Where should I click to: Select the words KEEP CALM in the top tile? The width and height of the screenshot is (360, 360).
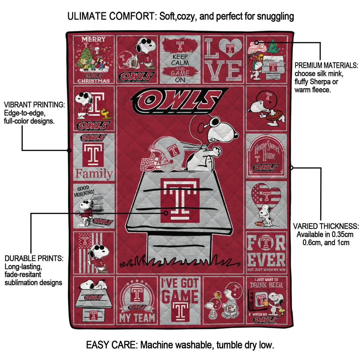coord(180,59)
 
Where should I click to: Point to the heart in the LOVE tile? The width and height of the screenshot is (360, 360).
coord(230,48)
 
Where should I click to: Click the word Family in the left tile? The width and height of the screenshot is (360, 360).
coord(94,174)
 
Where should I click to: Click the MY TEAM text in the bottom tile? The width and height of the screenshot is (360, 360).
coord(137,317)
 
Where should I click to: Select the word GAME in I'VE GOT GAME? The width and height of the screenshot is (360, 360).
coord(180,296)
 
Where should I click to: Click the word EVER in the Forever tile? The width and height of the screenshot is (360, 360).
coord(266,260)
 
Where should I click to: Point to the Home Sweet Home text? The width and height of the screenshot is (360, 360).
coord(268,151)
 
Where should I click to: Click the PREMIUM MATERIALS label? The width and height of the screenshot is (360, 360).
coord(326,65)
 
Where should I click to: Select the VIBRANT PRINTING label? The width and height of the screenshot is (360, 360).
coord(34,105)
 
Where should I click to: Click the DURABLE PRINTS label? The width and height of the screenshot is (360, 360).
coord(34,258)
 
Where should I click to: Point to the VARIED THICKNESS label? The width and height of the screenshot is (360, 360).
coord(326,226)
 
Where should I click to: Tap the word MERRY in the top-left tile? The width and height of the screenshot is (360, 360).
coord(94,39)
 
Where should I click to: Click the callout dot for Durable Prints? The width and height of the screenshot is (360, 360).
coord(166,213)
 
